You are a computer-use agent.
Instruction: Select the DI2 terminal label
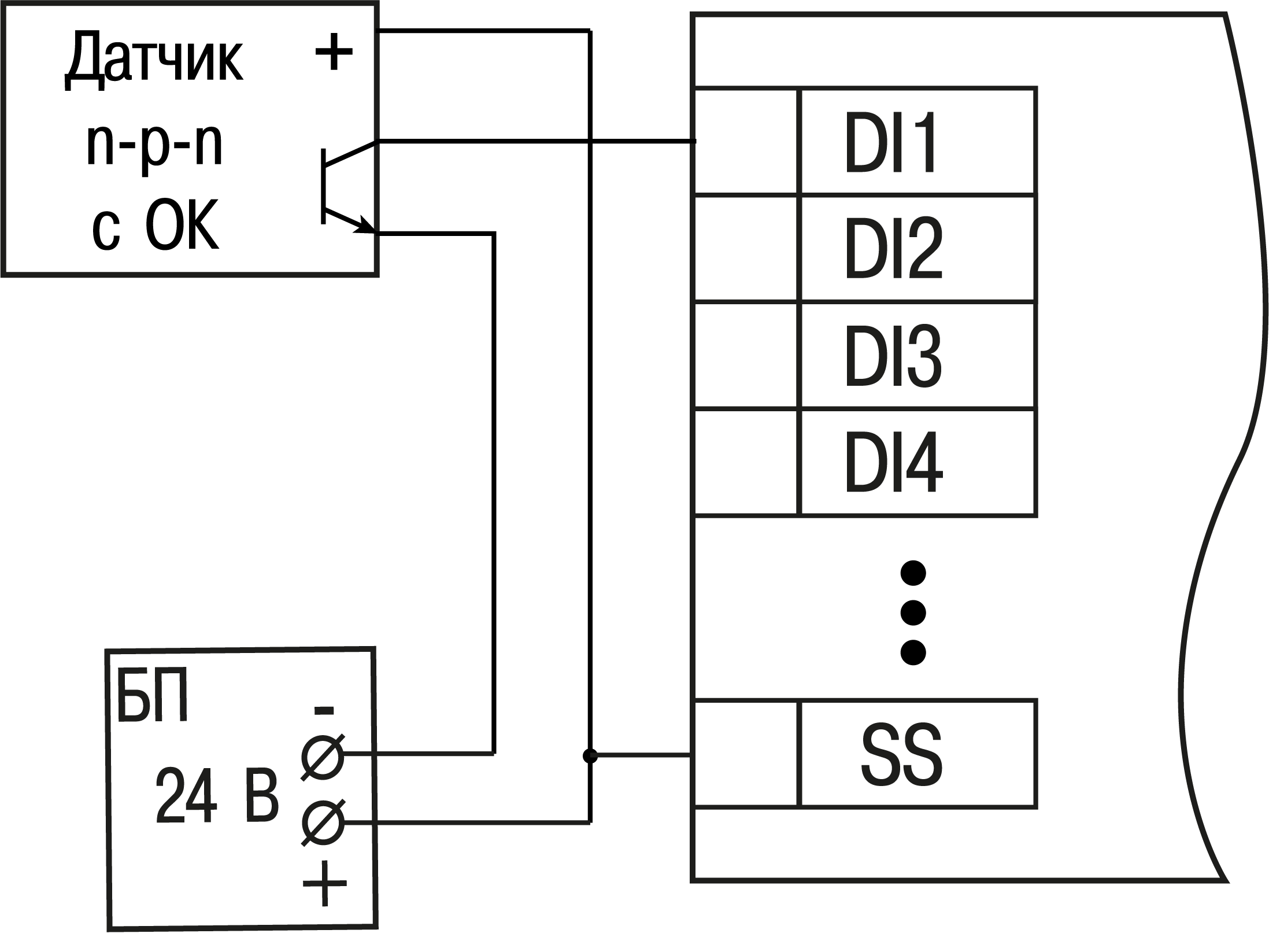tap(893, 249)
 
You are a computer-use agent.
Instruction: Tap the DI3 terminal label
tap(893, 355)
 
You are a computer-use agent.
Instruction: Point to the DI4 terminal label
tap(893, 462)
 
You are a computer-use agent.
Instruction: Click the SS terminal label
tap(902, 754)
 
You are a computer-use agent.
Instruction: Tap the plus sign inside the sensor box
tap(334, 53)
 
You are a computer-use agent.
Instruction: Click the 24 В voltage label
tap(217, 796)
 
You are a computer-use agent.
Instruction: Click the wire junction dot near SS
tap(590, 755)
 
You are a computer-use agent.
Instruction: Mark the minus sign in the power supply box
tap(324, 710)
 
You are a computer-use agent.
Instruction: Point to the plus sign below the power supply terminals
tap(324, 884)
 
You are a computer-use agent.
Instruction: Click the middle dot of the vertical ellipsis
tap(913, 613)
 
